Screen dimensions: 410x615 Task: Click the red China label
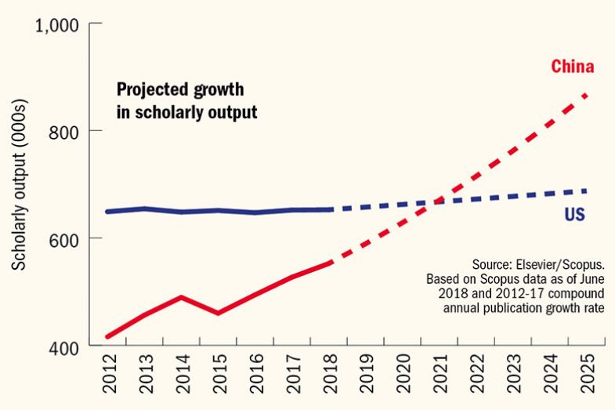pyautogui.click(x=571, y=67)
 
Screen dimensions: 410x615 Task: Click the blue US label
pyautogui.click(x=575, y=214)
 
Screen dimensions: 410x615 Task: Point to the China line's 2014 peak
pyautogui.click(x=181, y=297)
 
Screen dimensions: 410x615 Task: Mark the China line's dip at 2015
pyautogui.click(x=218, y=314)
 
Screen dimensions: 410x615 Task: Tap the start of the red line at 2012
pyautogui.click(x=107, y=337)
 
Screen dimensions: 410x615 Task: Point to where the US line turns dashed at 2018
pyautogui.click(x=329, y=209)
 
